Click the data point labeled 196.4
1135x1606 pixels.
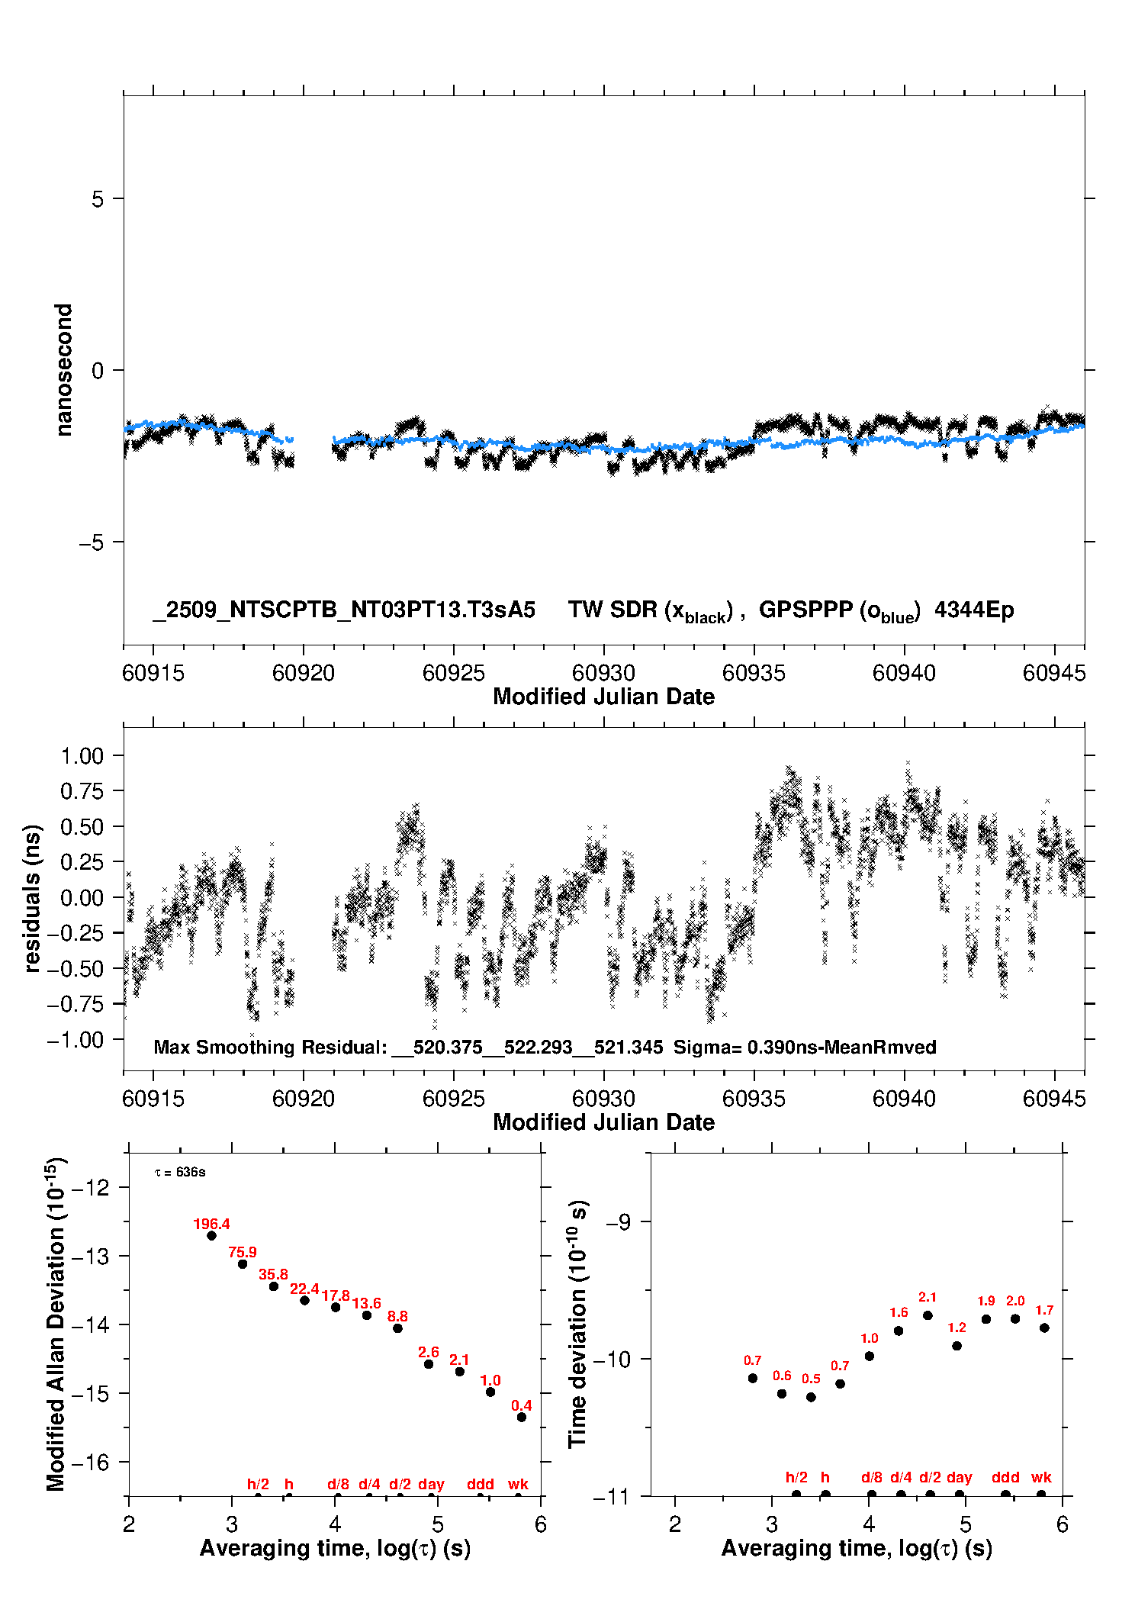tap(211, 1235)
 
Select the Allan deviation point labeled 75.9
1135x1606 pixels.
tap(243, 1264)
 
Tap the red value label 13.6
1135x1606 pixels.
tap(366, 1303)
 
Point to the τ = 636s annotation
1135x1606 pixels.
tap(180, 1172)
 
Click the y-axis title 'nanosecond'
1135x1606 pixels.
tap(63, 370)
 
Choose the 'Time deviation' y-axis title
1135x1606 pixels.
tap(577, 1324)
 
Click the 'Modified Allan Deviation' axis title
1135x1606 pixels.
tap(56, 1324)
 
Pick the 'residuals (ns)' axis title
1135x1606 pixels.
tap(31, 898)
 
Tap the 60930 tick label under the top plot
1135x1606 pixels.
tap(603, 673)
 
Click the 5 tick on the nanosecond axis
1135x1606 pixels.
tap(98, 199)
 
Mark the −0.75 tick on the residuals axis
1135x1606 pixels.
tap(76, 1004)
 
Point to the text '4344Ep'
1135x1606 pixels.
tap(974, 610)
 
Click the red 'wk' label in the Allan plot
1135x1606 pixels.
tap(518, 1484)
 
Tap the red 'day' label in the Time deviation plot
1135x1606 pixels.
tap(959, 1477)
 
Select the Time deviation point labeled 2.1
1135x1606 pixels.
tap(928, 1315)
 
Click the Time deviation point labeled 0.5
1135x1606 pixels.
tap(811, 1397)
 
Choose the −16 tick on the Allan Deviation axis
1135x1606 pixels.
tap(90, 1463)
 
